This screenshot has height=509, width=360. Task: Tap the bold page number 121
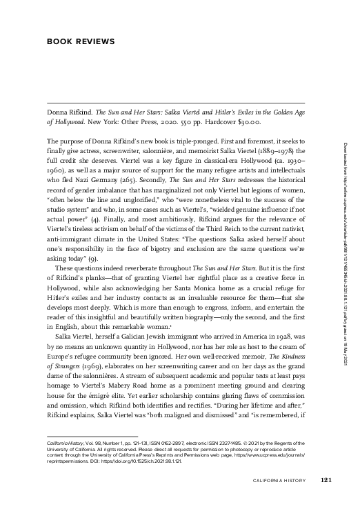click(x=327, y=481)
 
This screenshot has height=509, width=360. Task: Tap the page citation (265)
click(x=146, y=179)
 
